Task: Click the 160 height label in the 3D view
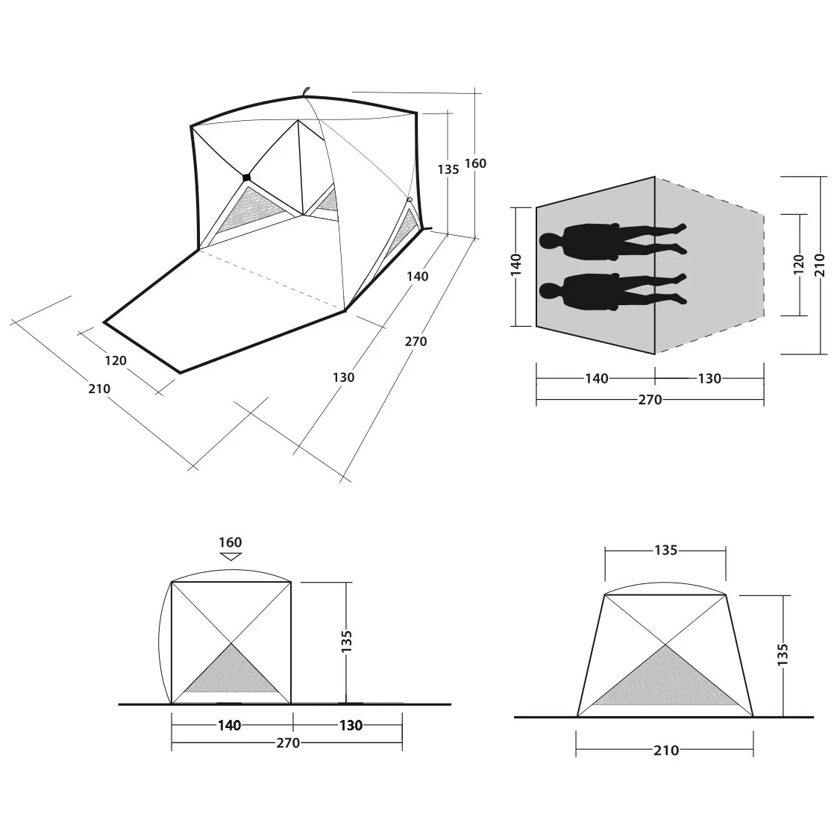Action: pyautogui.click(x=475, y=163)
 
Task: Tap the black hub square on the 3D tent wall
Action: pyautogui.click(x=246, y=178)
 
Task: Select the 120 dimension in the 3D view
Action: pyautogui.click(x=116, y=360)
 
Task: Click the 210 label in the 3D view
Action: pyautogui.click(x=99, y=389)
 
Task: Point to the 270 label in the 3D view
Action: pyautogui.click(x=416, y=341)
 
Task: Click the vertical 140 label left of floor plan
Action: pyautogui.click(x=516, y=266)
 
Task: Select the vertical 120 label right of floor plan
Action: pyautogui.click(x=799, y=265)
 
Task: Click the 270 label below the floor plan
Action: pyautogui.click(x=650, y=400)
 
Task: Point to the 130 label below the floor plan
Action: pyautogui.click(x=709, y=379)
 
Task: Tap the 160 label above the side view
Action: pyautogui.click(x=231, y=542)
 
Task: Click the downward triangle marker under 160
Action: pyautogui.click(x=231, y=556)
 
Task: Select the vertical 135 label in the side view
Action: pyautogui.click(x=347, y=642)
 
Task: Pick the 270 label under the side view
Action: pyautogui.click(x=288, y=743)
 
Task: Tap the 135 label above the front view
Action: pyautogui.click(x=666, y=551)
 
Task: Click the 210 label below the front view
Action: pyautogui.click(x=666, y=750)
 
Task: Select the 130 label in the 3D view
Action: pyautogui.click(x=343, y=377)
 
